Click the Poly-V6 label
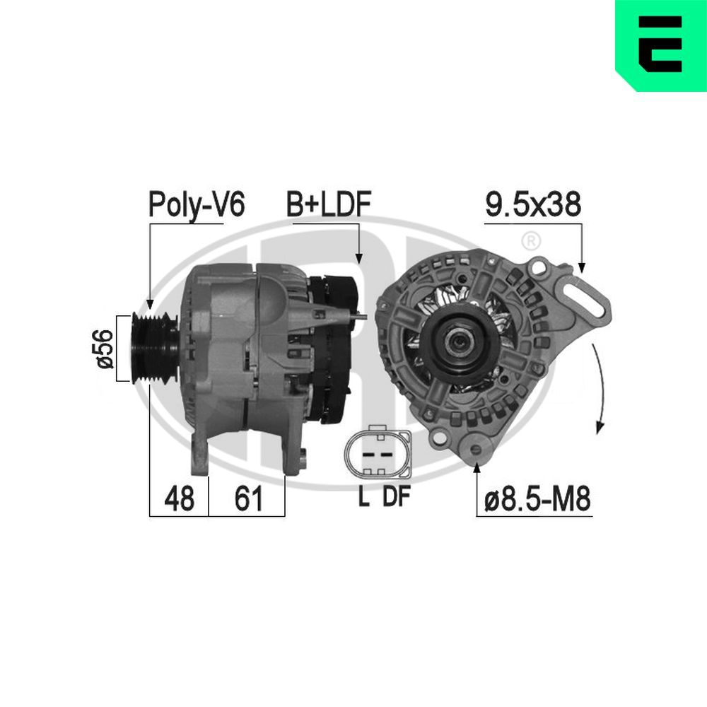pos(196,204)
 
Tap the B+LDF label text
pos(329,204)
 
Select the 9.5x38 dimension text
pos(534,204)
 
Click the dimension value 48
pos(178,499)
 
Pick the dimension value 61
pos(247,499)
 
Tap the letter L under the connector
pos(363,497)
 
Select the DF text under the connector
pos(396,497)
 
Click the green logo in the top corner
pos(660,45)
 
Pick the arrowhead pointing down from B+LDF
pos(358,259)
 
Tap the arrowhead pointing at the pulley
pos(149,303)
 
